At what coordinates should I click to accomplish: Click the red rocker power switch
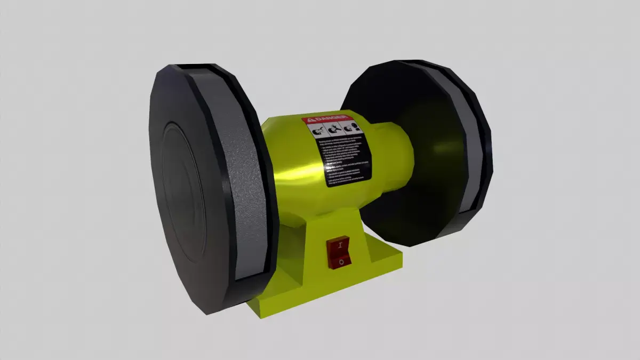point(338,252)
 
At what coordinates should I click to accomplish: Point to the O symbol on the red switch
point(340,261)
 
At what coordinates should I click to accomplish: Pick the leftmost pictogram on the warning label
point(316,131)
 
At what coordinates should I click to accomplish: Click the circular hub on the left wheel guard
point(184,192)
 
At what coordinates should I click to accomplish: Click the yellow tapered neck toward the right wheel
point(395,155)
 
